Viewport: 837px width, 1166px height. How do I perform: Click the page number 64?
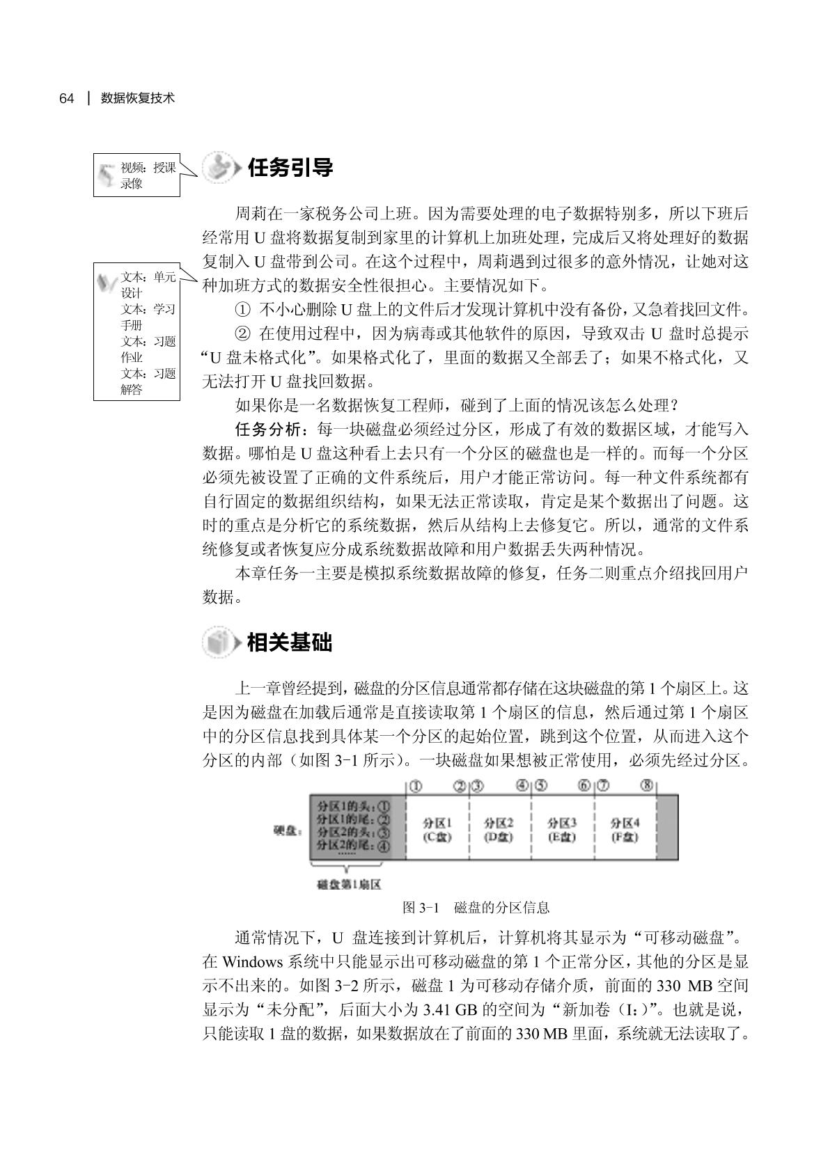[x=66, y=98]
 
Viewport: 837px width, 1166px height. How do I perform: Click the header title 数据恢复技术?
[x=137, y=98]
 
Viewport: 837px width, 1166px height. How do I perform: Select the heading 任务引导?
[x=290, y=168]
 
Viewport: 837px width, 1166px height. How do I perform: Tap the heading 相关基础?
[x=290, y=642]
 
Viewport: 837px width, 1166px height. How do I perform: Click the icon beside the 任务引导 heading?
[x=219, y=168]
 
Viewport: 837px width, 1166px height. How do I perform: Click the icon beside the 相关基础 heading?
[x=219, y=642]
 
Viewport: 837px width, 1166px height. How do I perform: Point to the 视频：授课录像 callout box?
[x=136, y=175]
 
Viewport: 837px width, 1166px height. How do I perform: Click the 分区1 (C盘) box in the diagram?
[x=437, y=829]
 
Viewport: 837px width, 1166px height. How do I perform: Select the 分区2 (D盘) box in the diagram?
[x=499, y=829]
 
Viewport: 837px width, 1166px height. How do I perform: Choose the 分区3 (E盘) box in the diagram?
[x=562, y=829]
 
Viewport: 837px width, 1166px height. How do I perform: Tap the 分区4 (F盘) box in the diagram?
[x=625, y=829]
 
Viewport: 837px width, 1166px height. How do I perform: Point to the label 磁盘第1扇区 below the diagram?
[x=348, y=885]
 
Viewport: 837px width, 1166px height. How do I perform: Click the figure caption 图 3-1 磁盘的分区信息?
[x=476, y=908]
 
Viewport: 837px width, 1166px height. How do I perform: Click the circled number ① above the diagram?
[x=415, y=786]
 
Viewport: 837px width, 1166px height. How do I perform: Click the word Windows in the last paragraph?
[x=252, y=963]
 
